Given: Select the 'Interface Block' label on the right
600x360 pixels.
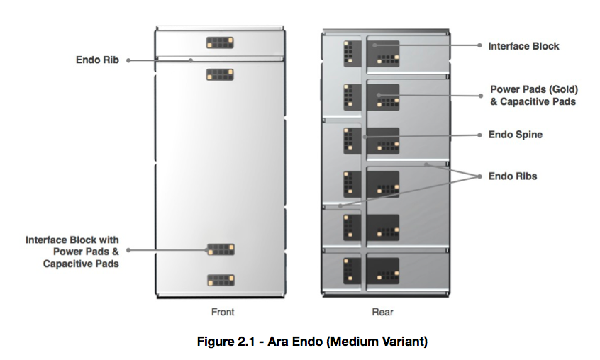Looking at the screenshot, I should point(523,46).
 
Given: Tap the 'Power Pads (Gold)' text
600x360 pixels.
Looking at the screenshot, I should point(534,90).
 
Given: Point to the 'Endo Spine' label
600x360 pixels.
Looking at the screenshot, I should point(515,135).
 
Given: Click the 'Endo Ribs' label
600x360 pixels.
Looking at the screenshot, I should point(513,176).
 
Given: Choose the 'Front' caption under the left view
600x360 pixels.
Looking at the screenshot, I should point(222,312).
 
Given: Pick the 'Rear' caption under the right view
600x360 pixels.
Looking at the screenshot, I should point(383,312).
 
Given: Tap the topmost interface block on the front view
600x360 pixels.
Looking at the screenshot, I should point(220,43).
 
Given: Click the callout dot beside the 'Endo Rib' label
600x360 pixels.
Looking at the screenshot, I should point(128,61).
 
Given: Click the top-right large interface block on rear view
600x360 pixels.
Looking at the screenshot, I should point(383,53).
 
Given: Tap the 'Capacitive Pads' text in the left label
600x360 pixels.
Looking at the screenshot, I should point(81,264).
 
